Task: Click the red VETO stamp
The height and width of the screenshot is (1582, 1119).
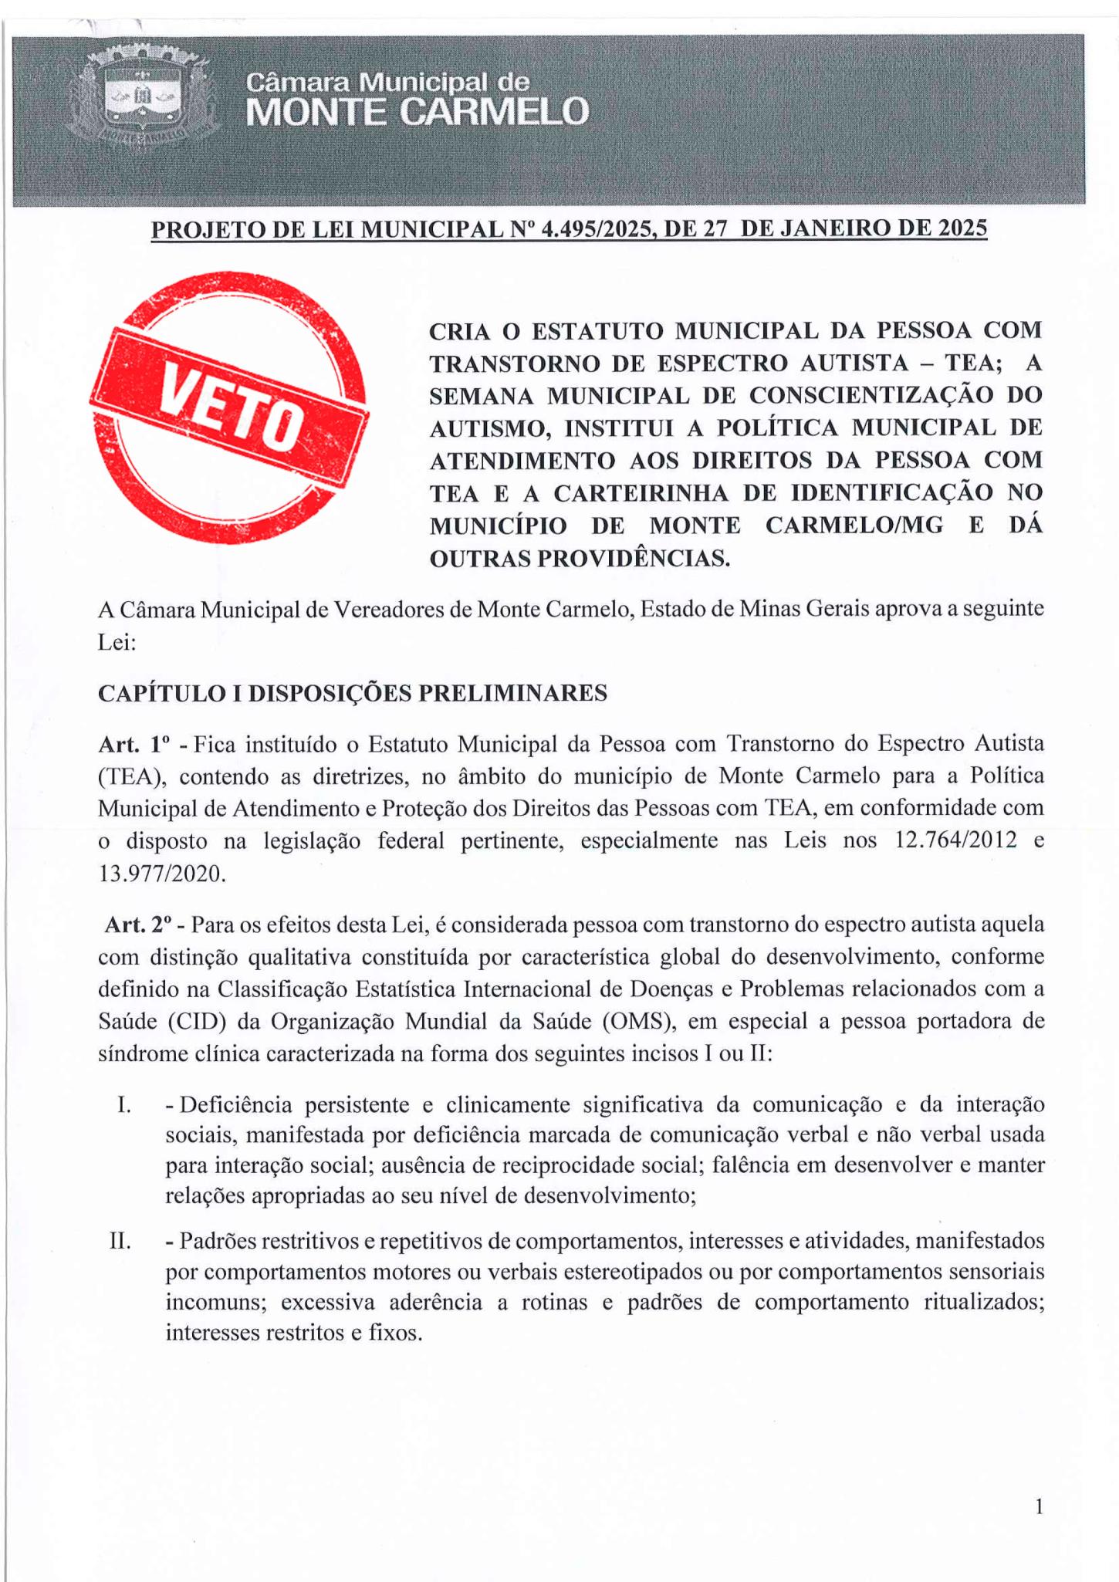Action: (x=229, y=407)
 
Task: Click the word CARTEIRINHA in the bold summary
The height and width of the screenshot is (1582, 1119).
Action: (x=641, y=492)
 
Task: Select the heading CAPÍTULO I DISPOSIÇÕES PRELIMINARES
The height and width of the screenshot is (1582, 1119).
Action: (x=353, y=693)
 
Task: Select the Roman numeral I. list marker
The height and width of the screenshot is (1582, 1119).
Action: (x=123, y=1105)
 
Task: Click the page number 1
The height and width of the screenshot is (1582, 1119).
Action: (x=1039, y=1506)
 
